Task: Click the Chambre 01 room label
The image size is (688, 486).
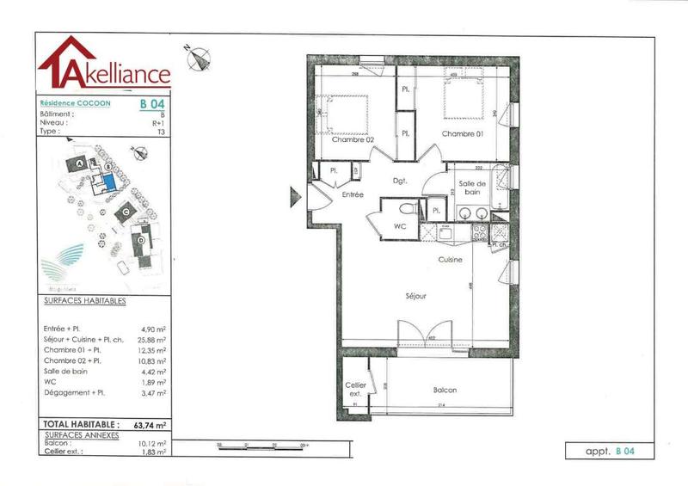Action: click(x=463, y=134)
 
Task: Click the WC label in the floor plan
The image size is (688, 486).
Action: click(x=399, y=226)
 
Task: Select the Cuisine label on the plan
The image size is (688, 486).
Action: click(x=451, y=259)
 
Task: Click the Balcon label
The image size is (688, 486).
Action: click(x=445, y=390)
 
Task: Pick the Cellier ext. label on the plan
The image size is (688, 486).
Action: click(x=356, y=389)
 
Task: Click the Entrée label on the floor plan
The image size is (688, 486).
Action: click(x=353, y=195)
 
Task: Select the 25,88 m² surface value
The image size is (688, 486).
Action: click(x=152, y=340)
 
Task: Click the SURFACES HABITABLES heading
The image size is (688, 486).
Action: click(x=84, y=301)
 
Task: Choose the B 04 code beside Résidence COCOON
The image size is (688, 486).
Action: click(x=152, y=103)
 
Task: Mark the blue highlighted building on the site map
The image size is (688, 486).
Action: click(x=109, y=181)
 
